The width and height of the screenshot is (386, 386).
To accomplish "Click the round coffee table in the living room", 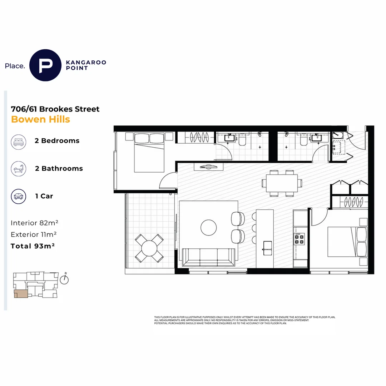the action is tap(208, 227).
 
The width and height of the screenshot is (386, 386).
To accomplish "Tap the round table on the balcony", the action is tap(149, 248).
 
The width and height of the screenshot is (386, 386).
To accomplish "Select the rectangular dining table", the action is tap(282, 183).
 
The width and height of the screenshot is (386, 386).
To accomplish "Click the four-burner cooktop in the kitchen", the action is tap(300, 239).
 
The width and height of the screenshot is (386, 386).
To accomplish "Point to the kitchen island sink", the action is tap(268, 248).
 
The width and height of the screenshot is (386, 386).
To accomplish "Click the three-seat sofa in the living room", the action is tap(208, 257).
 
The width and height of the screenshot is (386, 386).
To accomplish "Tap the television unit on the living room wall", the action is tap(208, 167).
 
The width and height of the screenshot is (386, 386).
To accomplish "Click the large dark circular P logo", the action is tap(45, 65).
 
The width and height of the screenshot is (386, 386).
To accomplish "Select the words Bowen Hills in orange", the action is tap(41, 119).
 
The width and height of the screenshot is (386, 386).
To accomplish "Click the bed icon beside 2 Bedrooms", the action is tap(19, 142).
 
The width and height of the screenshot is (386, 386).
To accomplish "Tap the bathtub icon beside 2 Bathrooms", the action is tap(19, 169).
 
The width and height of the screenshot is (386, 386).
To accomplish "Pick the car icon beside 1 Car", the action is tap(19, 196).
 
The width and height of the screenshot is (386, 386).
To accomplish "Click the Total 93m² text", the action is tap(33, 246).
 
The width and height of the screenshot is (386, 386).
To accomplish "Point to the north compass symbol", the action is tap(64, 279).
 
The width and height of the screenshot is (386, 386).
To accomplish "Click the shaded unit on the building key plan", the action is tap(21, 294).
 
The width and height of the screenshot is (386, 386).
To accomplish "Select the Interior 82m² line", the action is tap(34, 223).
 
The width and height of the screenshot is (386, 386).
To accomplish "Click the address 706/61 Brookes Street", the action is tap(55, 109).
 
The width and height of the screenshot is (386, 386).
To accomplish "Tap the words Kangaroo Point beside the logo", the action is tap(86, 65).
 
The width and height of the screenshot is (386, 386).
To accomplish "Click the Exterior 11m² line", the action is tap(34, 234).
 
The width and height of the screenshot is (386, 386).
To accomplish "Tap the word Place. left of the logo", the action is tap(15, 66).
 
